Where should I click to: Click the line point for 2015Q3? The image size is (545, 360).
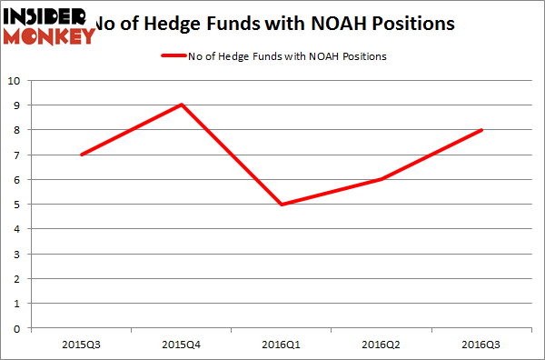(83, 155)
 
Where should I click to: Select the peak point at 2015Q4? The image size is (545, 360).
(183, 105)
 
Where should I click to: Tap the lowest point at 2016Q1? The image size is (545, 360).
(282, 205)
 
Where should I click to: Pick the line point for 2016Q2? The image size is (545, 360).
(382, 179)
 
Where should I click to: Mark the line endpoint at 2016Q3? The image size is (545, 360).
(481, 129)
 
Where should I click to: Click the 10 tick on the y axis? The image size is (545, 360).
(15, 80)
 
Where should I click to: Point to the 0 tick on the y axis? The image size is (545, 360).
(18, 329)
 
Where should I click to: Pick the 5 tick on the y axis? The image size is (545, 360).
(18, 205)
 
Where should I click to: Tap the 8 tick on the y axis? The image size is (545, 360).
(18, 130)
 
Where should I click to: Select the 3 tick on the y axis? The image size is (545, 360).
(18, 255)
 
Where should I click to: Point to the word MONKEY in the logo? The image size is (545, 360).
(50, 36)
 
